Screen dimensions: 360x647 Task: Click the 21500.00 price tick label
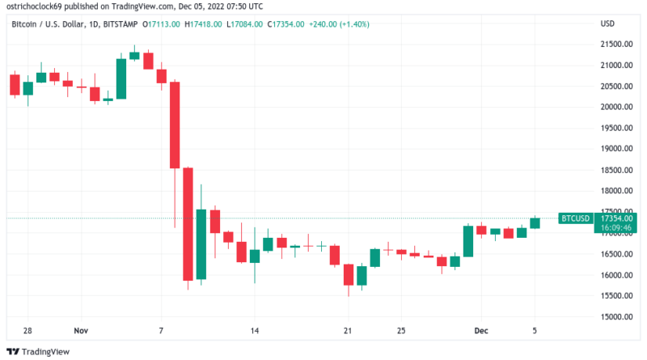[615, 65]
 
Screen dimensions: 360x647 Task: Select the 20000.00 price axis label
[615, 107]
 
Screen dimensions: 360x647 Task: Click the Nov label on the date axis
[80, 331]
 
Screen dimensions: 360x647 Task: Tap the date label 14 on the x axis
[254, 331]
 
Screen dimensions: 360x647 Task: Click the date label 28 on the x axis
[27, 331]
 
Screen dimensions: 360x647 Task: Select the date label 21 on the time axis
[348, 331]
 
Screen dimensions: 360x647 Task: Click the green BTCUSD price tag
[575, 218]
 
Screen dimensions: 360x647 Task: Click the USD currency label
[608, 23]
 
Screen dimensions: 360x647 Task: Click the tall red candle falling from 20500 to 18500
[174, 125]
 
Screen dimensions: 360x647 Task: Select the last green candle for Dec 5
[535, 222]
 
